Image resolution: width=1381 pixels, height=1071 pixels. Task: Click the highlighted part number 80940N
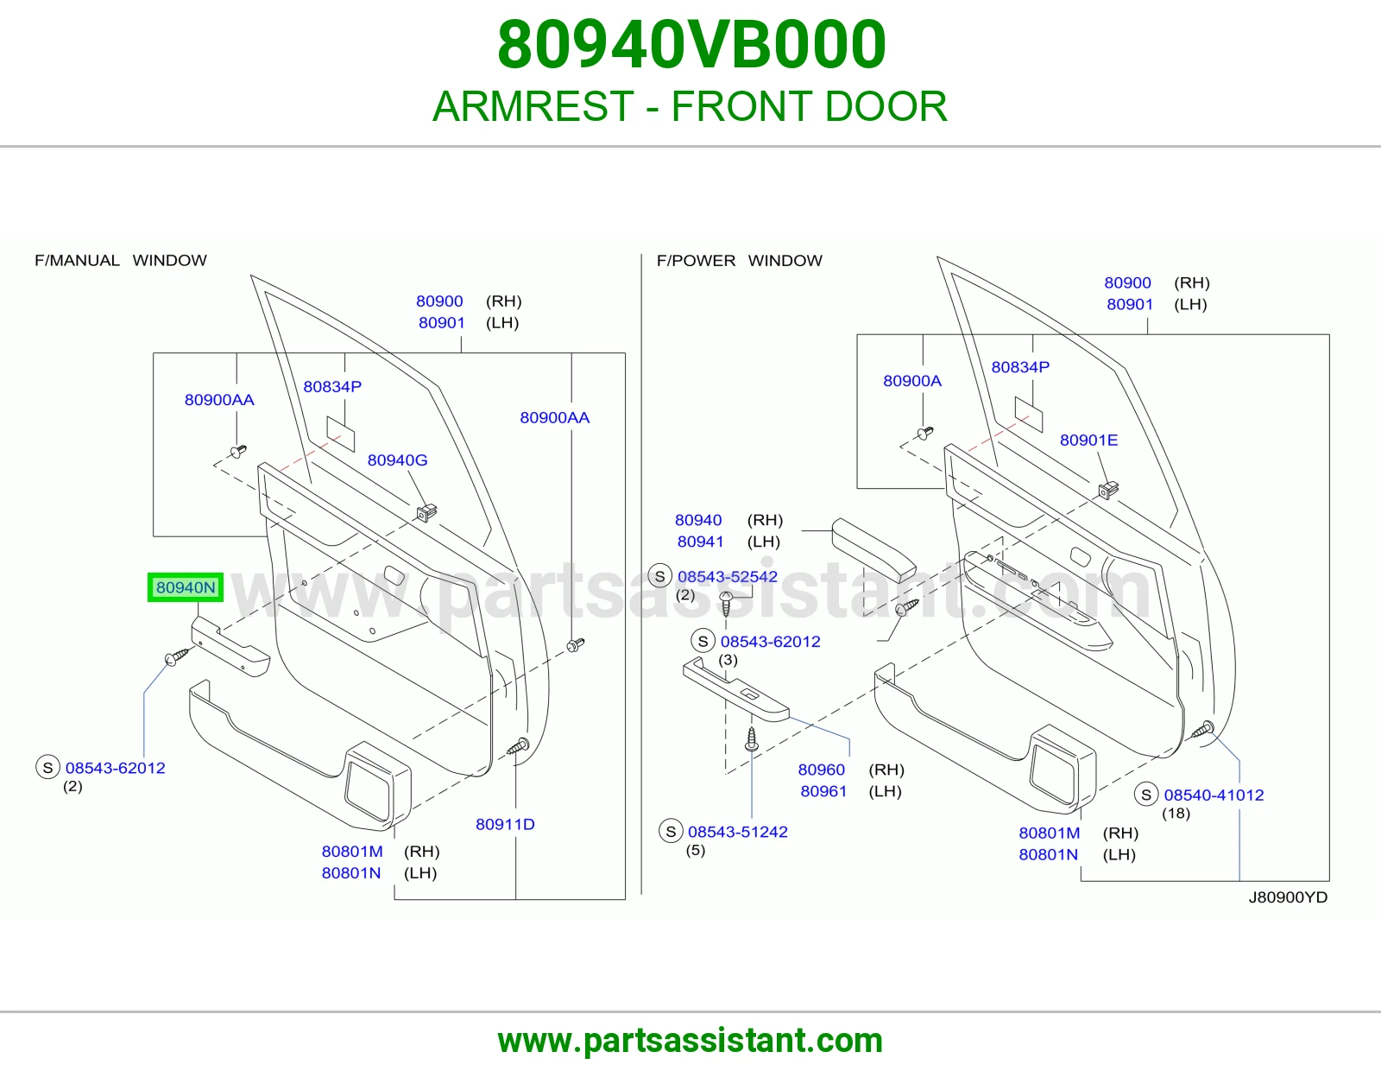click(x=186, y=587)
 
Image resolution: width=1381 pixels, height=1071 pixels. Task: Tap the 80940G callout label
click(x=397, y=459)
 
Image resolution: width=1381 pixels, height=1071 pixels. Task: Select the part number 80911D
click(x=505, y=824)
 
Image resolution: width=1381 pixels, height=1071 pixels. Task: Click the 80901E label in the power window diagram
click(x=1088, y=440)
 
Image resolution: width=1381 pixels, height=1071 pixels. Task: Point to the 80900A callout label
click(x=912, y=381)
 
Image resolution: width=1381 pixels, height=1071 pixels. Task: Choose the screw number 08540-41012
click(x=1214, y=795)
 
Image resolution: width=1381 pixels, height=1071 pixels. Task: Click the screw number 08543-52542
click(x=728, y=577)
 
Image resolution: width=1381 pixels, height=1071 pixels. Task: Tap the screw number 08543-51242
click(x=738, y=832)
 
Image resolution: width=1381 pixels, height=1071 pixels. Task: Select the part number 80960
click(x=822, y=770)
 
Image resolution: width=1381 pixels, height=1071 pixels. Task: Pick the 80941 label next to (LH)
click(x=700, y=542)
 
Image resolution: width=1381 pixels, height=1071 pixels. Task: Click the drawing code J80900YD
click(x=1288, y=897)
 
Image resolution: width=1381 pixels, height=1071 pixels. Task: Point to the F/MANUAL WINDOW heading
click(x=121, y=260)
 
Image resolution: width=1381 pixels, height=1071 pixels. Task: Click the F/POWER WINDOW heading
click(x=740, y=260)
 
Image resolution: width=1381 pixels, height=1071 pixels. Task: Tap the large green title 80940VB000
click(x=691, y=45)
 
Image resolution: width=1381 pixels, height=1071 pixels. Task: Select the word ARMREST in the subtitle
click(x=533, y=106)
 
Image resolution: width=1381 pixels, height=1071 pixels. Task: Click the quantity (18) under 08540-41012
click(x=1176, y=814)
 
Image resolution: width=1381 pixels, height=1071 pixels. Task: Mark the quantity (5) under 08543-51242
click(x=696, y=850)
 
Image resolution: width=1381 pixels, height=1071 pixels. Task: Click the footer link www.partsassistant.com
click(x=690, y=1041)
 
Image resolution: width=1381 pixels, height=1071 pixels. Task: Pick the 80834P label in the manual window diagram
click(x=332, y=387)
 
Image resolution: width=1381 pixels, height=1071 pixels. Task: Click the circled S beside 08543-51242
click(x=671, y=831)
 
